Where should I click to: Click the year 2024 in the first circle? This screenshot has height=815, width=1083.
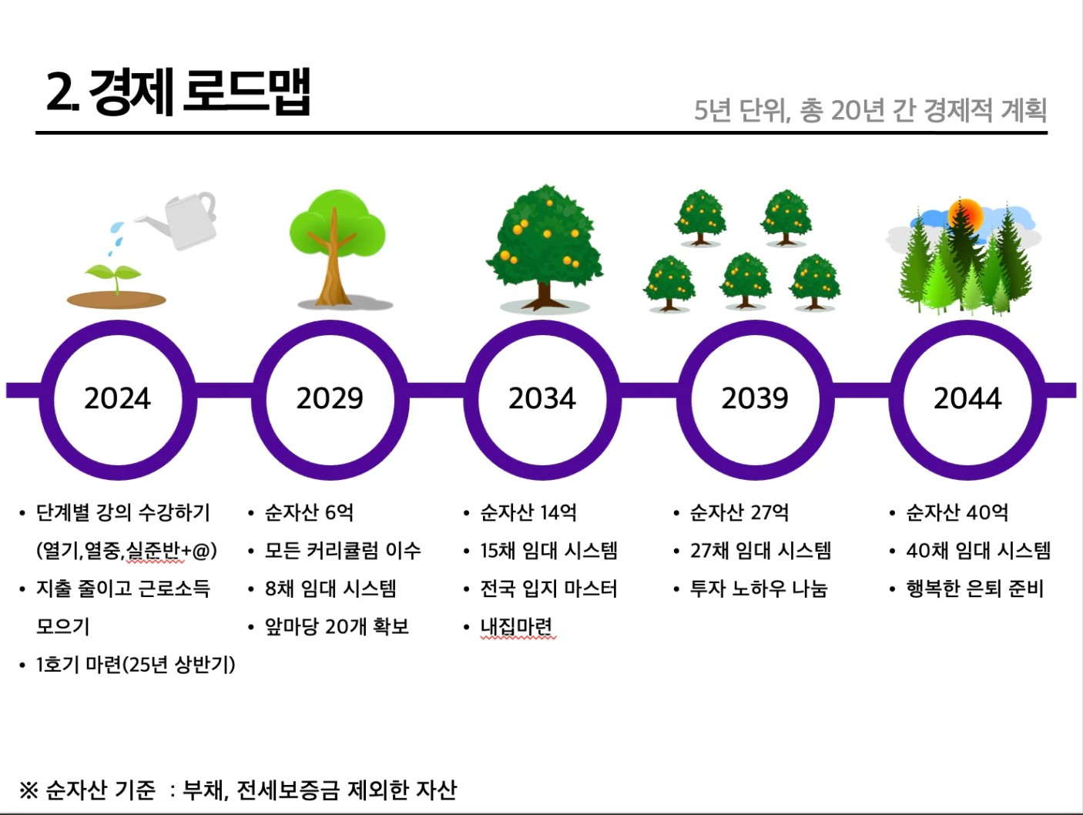tap(117, 398)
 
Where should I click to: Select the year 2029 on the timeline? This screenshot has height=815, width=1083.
tap(330, 398)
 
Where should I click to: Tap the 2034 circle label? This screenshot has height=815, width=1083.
tap(542, 398)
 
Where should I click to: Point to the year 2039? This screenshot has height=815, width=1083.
tap(755, 398)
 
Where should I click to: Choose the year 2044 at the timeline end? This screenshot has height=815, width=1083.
tap(967, 398)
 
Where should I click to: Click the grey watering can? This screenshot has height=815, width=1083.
tap(183, 220)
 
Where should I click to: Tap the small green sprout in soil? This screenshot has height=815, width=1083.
tap(114, 277)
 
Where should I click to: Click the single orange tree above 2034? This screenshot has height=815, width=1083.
tap(545, 248)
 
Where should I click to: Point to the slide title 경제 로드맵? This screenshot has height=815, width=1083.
tap(178, 92)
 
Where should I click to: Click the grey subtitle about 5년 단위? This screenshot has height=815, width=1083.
tap(870, 110)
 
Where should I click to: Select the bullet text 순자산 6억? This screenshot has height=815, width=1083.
tap(309, 512)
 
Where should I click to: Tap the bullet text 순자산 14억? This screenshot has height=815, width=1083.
tap(528, 512)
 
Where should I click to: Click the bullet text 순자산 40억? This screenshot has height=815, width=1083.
tap(957, 512)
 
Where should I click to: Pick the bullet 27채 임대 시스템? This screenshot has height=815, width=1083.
tap(760, 551)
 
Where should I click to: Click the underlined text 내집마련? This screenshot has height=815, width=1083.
tap(517, 626)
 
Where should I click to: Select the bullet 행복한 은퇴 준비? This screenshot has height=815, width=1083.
tap(975, 589)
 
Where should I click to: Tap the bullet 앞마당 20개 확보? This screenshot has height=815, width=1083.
tap(337, 626)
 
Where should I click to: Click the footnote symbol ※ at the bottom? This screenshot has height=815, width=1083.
tap(28, 790)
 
